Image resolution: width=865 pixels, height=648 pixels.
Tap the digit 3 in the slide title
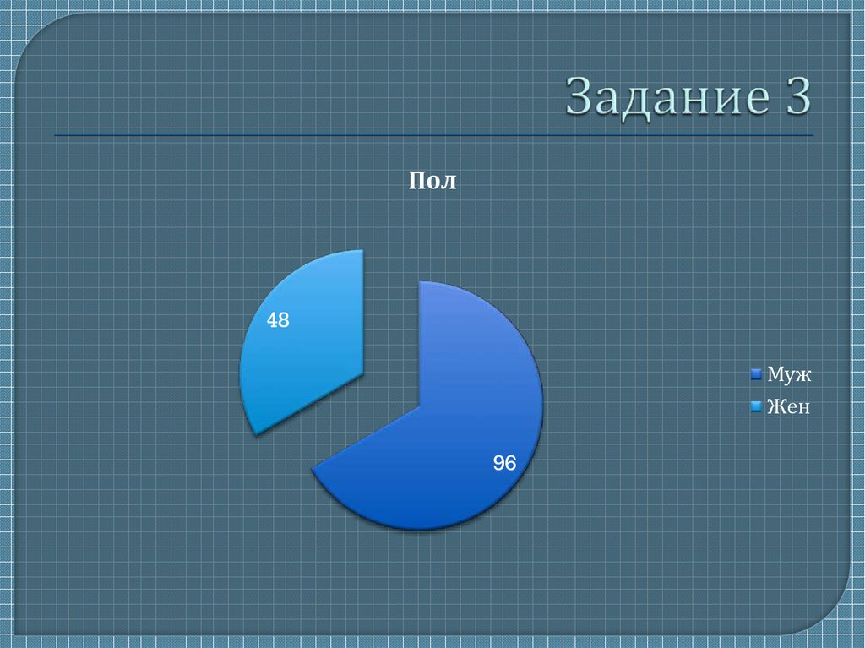click(794, 97)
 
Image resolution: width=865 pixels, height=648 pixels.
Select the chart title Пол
click(432, 181)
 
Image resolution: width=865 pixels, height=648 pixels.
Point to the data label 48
click(278, 321)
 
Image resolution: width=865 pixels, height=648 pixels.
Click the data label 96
click(504, 463)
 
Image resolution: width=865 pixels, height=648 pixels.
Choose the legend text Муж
click(788, 373)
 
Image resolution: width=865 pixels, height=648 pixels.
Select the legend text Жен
click(788, 407)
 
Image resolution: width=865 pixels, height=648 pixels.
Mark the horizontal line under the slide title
click(432, 134)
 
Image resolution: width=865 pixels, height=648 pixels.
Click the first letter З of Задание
click(580, 98)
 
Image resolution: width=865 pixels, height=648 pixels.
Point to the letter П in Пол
click(416, 181)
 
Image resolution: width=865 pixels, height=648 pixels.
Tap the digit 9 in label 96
click(498, 463)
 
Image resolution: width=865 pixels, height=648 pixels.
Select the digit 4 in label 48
click(272, 321)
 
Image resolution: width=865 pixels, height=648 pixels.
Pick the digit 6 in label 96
click(510, 463)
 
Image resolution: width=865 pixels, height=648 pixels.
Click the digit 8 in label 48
click(284, 321)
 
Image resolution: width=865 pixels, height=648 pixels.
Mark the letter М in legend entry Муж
click(774, 373)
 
